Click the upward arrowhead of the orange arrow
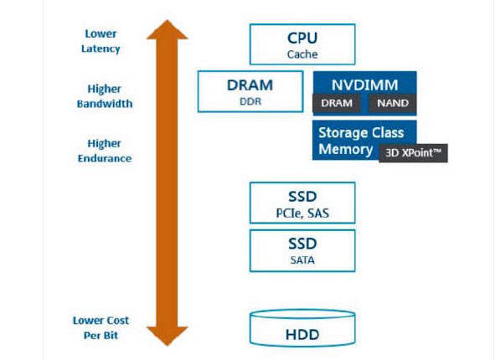(x=168, y=30)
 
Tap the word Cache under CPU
(x=302, y=54)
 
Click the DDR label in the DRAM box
(x=250, y=101)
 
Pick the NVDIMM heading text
(x=364, y=85)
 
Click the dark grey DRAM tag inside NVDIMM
(x=337, y=103)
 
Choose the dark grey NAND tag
(x=393, y=103)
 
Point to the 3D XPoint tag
(x=413, y=153)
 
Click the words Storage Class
(x=361, y=133)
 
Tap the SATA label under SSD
(x=302, y=260)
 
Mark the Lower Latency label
(x=101, y=41)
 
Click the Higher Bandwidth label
(x=105, y=96)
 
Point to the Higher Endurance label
(x=105, y=151)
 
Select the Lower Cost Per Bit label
(x=101, y=328)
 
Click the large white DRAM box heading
(x=250, y=85)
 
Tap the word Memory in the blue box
(x=346, y=149)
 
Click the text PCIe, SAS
(x=302, y=213)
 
